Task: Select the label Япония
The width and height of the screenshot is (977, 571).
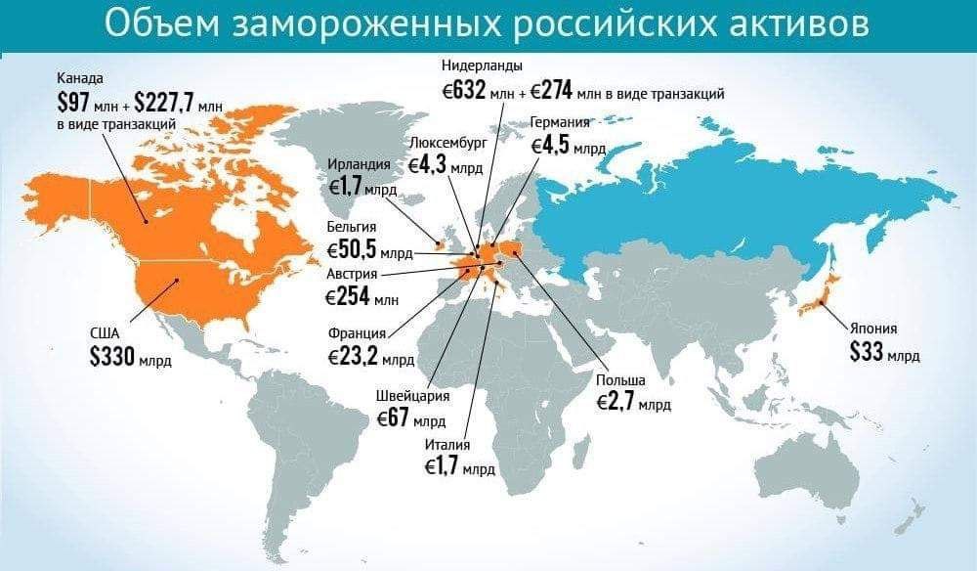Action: tap(872, 329)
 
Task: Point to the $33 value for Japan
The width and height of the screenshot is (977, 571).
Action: tap(867, 353)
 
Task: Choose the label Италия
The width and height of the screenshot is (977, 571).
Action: tap(447, 445)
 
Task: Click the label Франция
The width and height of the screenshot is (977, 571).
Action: tap(357, 333)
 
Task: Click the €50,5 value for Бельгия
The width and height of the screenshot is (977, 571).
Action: tap(352, 251)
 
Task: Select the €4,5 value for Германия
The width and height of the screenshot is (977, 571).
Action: tap(551, 147)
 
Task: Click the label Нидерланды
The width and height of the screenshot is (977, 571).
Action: tap(482, 66)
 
